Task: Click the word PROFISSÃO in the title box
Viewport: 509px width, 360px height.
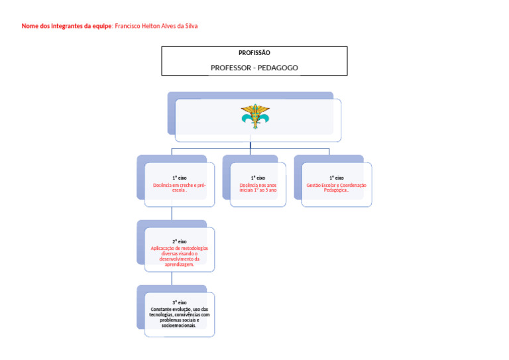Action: tap(254, 53)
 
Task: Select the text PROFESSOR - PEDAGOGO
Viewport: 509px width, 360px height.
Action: tap(254, 68)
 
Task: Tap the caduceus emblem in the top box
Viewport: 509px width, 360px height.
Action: tap(255, 117)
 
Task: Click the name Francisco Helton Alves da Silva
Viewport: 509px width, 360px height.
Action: tap(156, 26)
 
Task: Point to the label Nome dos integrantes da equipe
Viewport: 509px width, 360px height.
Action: tap(66, 26)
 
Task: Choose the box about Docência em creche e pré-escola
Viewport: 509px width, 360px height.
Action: tap(180, 185)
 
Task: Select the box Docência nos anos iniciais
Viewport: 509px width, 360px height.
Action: tap(258, 185)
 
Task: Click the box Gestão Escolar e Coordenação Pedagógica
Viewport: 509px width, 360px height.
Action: tap(337, 185)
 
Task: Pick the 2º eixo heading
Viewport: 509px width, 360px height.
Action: tap(180, 242)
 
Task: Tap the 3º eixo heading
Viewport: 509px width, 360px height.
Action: tap(180, 302)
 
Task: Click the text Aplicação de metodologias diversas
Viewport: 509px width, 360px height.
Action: tap(180, 251)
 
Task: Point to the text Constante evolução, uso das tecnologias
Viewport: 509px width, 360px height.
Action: tap(180, 312)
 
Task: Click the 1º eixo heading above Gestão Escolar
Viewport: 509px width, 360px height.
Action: tap(337, 178)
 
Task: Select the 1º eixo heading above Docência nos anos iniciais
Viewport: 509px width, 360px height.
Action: tap(258, 178)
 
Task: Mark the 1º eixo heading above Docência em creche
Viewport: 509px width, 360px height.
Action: tap(180, 178)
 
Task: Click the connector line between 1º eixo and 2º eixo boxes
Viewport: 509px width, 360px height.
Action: tap(172, 213)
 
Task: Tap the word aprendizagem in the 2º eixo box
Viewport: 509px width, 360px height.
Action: tap(180, 265)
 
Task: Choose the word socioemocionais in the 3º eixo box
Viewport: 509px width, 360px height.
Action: tap(179, 326)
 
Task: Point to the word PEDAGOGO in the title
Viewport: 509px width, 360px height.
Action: tap(278, 68)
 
